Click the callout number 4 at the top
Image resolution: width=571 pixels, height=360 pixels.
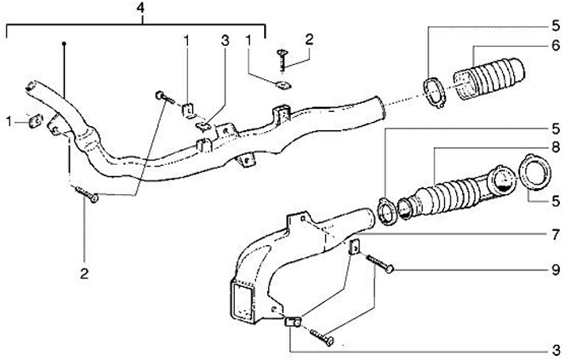(140, 9)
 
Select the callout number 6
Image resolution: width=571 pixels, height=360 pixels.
(556, 47)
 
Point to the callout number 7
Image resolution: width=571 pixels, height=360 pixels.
(556, 235)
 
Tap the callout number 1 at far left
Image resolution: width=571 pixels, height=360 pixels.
(10, 121)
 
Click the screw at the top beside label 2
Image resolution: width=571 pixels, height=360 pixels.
(282, 59)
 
